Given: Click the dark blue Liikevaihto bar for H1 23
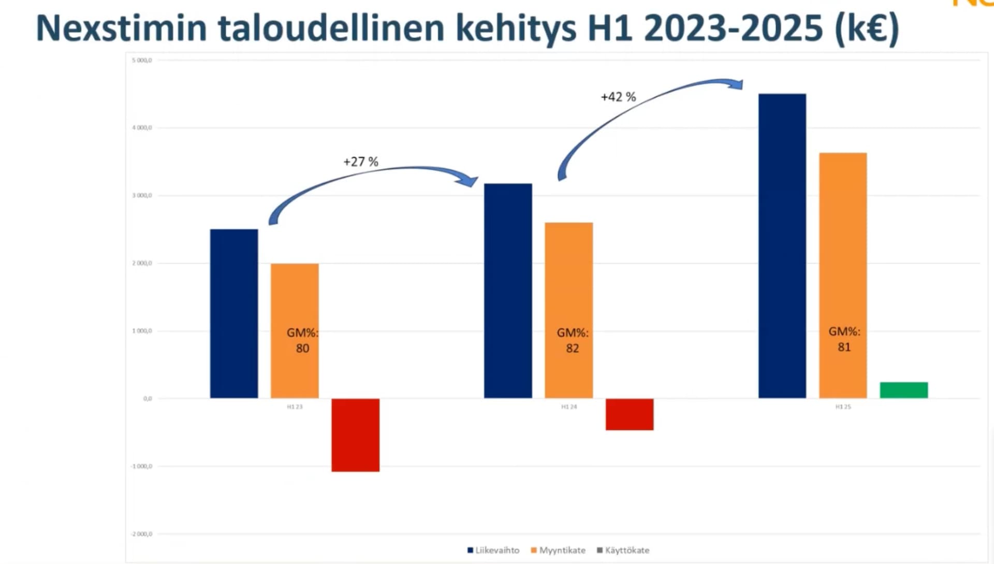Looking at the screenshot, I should click(x=234, y=313).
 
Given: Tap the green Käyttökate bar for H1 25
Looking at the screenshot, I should click(x=903, y=390).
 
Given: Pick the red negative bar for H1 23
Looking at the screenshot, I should click(x=355, y=435).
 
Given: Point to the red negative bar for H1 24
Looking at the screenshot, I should click(x=630, y=414).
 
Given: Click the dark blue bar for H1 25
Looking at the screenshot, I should click(x=782, y=246).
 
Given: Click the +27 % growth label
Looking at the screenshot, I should click(x=361, y=162).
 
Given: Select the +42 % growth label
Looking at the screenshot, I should click(x=618, y=97).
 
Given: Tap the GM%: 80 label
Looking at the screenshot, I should click(x=302, y=340).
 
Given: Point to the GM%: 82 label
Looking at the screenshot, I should click(x=572, y=340).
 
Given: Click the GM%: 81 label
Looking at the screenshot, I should click(x=844, y=339).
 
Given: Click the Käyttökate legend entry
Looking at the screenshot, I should click(x=623, y=550).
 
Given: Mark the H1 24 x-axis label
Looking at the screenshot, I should click(x=569, y=407).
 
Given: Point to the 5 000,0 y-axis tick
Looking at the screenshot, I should click(x=142, y=61).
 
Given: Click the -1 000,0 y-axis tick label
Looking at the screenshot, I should click(x=141, y=467).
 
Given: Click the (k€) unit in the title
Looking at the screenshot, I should click(x=867, y=28).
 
